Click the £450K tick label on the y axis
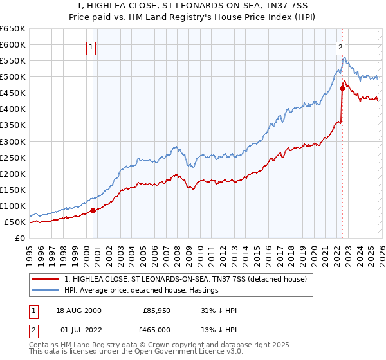tap(13, 93)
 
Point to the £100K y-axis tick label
tap(13, 206)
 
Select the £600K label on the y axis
tap(13, 44)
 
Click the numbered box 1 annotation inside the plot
tap(92, 47)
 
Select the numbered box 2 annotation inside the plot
tap(340, 47)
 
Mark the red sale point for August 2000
tap(93, 210)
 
